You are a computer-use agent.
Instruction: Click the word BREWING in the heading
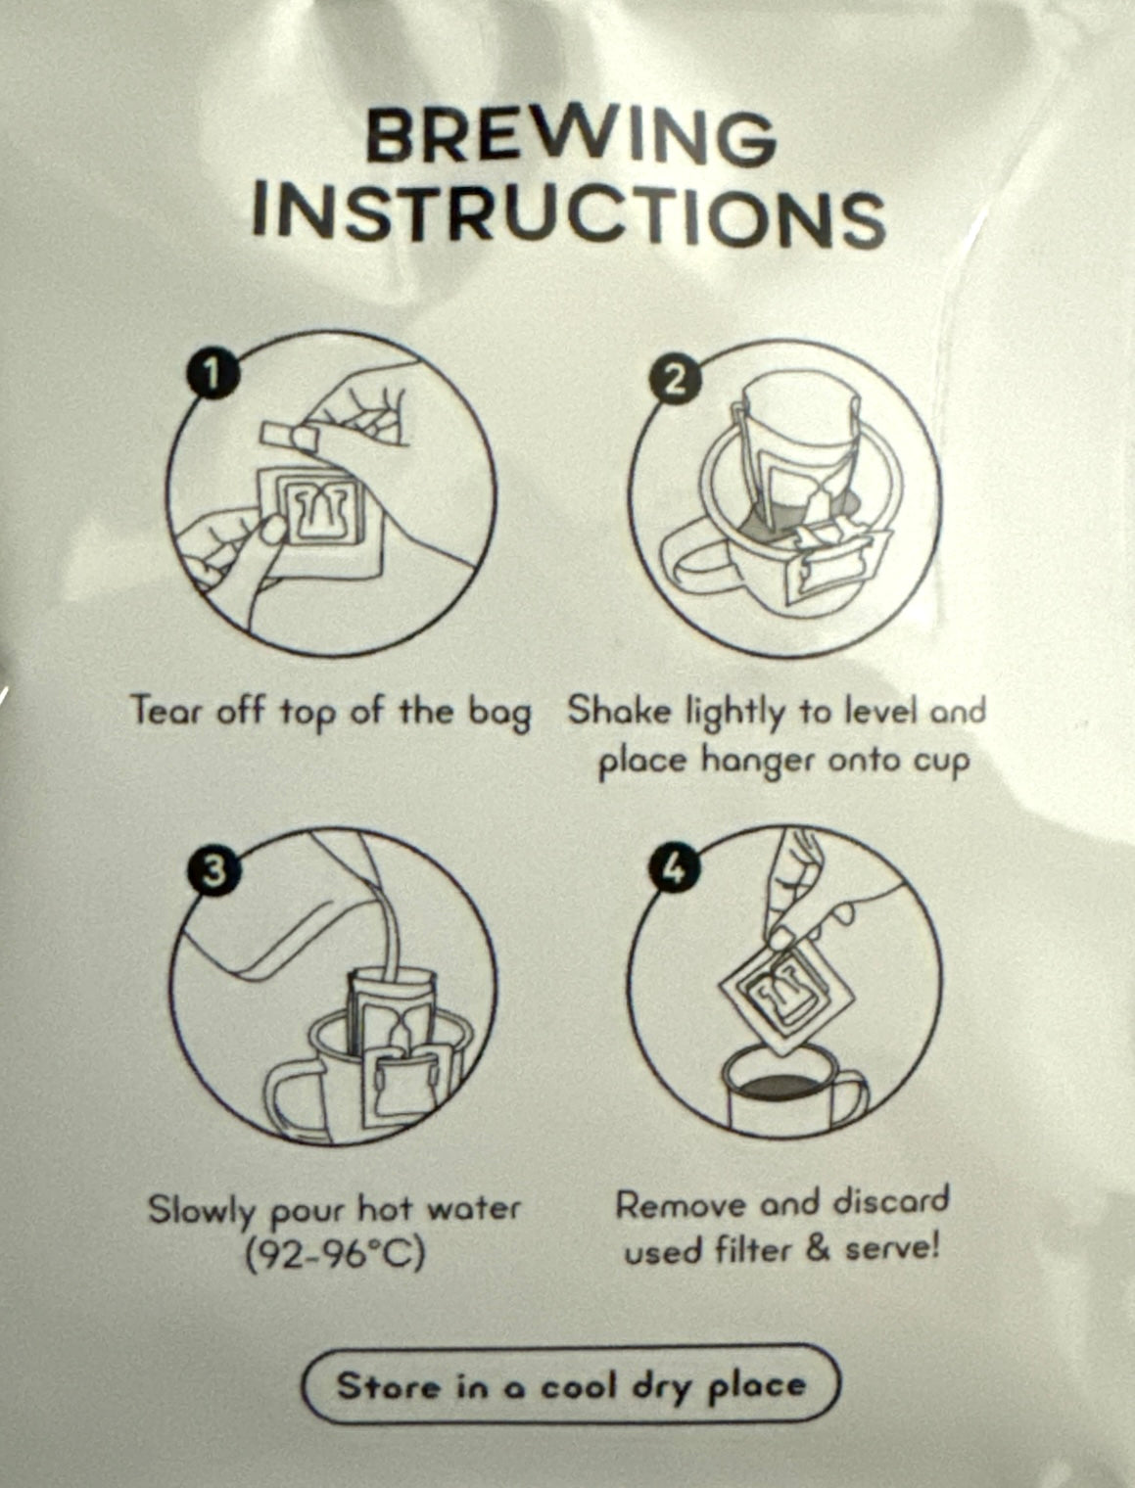(572, 138)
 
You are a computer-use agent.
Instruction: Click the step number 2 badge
(673, 384)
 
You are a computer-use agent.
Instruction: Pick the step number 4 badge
(674, 869)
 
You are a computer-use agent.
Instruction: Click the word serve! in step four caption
(893, 1248)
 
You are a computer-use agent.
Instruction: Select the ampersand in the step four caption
(818, 1248)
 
